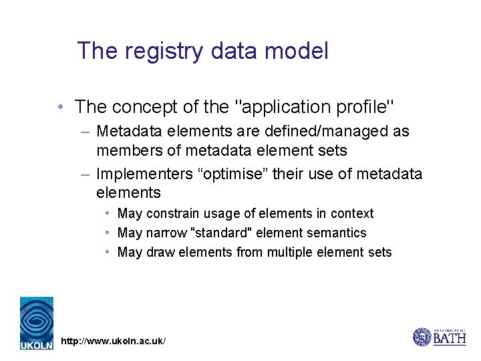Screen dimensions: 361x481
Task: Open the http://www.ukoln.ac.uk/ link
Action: pyautogui.click(x=113, y=342)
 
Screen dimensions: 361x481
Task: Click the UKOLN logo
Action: pyautogui.click(x=36, y=323)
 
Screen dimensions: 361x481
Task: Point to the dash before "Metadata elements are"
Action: pyautogui.click(x=85, y=132)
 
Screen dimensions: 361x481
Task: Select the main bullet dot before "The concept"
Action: pyautogui.click(x=61, y=107)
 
